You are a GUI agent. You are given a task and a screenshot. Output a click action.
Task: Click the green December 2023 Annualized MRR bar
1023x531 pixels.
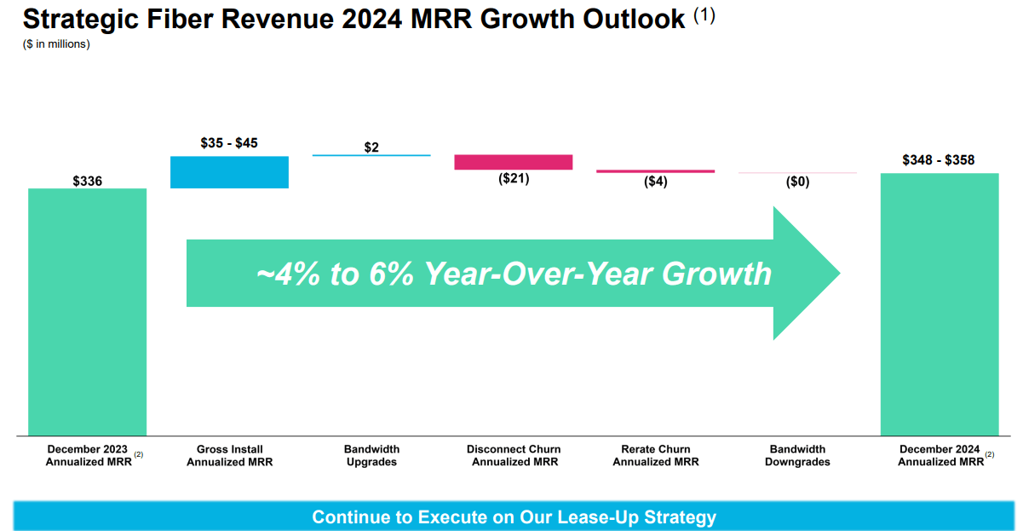coord(87,311)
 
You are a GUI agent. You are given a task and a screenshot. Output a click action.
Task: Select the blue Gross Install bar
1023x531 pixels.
coord(229,171)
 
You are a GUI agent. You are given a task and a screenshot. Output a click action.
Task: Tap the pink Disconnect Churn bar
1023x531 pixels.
coord(513,162)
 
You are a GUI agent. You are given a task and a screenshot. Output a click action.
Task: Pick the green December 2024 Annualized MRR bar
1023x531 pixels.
coord(939,304)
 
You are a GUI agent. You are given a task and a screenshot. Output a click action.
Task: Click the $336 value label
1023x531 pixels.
coord(87,181)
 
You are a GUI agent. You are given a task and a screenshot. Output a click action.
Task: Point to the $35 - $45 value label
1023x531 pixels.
coord(229,143)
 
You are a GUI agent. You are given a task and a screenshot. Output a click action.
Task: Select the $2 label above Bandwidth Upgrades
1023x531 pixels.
coord(371,147)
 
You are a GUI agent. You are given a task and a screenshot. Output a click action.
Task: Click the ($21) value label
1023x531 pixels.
coord(514,179)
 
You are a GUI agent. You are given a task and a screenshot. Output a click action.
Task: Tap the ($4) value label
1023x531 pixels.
coord(655,182)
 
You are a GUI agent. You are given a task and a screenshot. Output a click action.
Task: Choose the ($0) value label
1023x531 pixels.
coord(797,182)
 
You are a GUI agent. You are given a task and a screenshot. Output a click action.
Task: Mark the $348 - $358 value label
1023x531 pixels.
coord(939,160)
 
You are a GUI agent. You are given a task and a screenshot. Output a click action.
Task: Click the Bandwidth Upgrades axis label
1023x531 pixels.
coord(371,455)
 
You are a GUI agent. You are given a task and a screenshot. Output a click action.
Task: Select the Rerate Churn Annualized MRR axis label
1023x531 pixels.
coord(655,455)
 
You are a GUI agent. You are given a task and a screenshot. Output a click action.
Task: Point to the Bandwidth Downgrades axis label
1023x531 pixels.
coord(797,455)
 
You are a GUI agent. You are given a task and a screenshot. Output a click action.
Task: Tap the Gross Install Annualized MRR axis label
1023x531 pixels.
coord(229,455)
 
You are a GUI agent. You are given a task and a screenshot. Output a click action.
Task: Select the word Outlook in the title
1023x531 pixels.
coord(625,19)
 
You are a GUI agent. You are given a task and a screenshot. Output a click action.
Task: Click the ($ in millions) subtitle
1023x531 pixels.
coord(56,44)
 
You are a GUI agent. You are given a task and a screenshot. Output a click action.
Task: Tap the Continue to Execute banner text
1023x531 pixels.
coord(514,517)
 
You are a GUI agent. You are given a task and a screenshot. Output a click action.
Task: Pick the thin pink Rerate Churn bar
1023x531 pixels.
coord(655,171)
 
